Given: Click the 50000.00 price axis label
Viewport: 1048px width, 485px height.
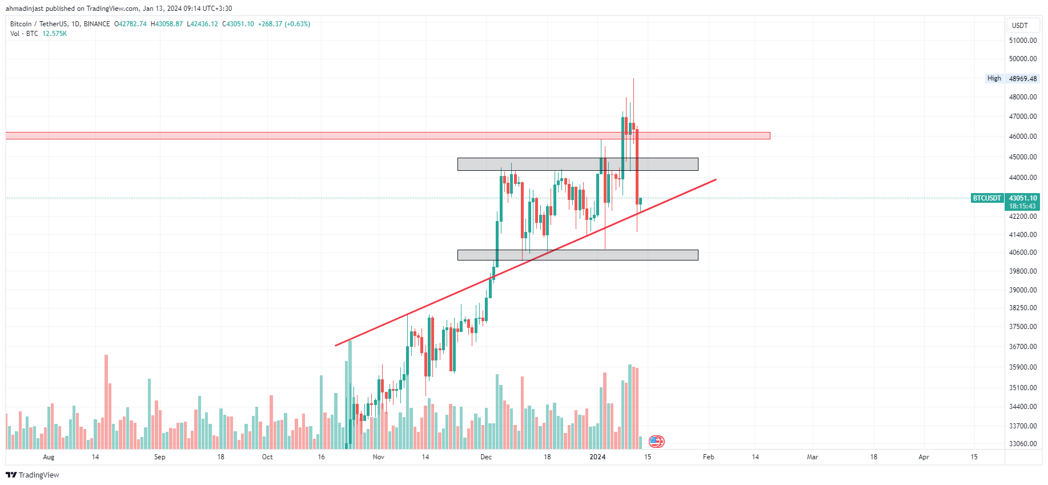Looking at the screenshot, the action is [x=1023, y=59].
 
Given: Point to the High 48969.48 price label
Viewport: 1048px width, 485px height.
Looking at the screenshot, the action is [x=1012, y=79].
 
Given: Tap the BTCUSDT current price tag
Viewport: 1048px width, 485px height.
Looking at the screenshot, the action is [x=1005, y=202].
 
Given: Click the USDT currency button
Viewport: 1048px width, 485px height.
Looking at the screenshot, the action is [x=1020, y=26].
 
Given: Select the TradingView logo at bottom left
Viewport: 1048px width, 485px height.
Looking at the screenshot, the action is [x=33, y=475].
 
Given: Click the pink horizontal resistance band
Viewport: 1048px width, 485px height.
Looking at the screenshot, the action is [x=388, y=136].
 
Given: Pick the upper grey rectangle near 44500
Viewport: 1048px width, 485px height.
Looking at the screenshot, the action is [x=578, y=165].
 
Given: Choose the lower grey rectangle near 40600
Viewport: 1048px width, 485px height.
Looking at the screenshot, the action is [x=578, y=255].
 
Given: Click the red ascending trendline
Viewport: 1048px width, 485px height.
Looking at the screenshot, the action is [x=525, y=263].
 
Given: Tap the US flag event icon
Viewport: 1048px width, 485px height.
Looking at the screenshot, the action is [x=657, y=442].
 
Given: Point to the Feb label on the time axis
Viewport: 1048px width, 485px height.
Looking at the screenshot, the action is [x=708, y=457].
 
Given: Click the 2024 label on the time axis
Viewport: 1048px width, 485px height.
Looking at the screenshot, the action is [x=597, y=457].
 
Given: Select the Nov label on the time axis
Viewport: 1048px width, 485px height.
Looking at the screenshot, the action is [x=378, y=457].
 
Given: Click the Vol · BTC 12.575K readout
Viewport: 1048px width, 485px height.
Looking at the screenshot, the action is [x=38, y=34].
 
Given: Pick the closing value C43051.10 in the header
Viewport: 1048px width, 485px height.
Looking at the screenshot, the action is [x=238, y=24].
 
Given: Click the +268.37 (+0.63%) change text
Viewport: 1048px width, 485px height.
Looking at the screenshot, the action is [x=284, y=24].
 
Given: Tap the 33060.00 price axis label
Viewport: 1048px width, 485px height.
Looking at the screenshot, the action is [x=1023, y=444].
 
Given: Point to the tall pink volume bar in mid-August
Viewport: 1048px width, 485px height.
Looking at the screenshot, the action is [x=106, y=402].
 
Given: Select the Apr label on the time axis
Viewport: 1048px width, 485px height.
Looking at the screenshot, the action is [x=923, y=457].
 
